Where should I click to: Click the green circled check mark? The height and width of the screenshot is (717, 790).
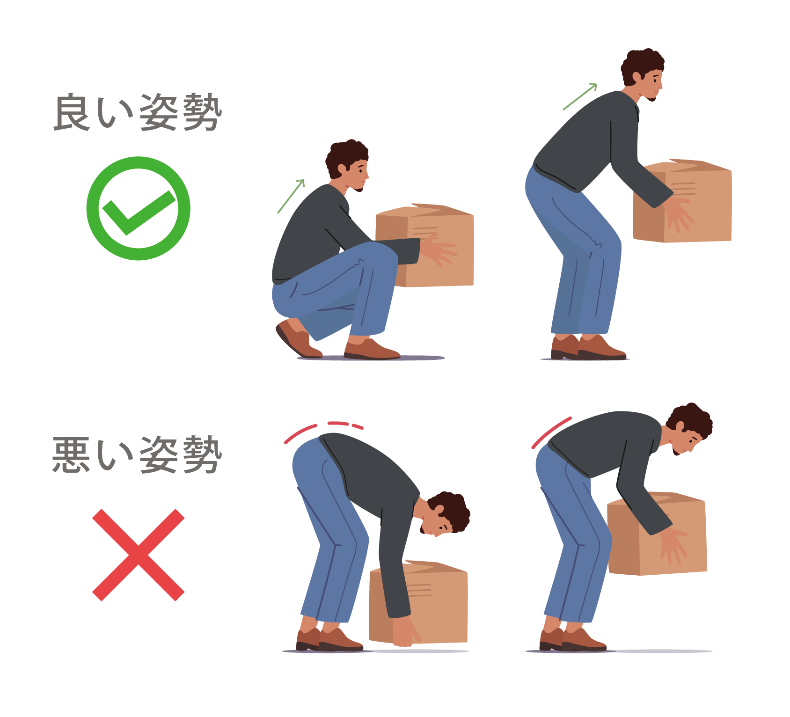point(138,208)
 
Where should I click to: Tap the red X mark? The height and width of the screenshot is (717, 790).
point(139,555)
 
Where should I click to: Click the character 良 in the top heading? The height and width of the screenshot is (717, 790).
point(73,112)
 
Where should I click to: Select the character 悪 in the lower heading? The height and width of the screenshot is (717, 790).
point(71,455)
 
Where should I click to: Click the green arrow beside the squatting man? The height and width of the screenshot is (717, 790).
point(291,196)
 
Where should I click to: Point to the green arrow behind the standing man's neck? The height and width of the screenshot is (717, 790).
point(580,96)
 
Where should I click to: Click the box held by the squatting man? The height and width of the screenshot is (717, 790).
point(424,245)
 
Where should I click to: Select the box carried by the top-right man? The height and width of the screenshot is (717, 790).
point(682,201)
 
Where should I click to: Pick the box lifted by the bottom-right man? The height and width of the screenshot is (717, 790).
point(657,534)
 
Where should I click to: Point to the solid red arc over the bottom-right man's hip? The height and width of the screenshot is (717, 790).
point(551,432)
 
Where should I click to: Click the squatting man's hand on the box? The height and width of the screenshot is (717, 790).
point(438,250)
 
